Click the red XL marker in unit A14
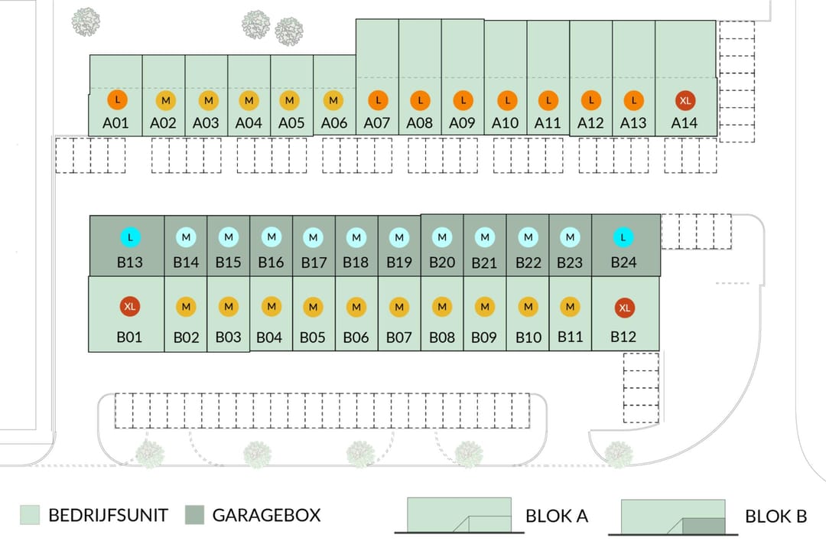click(685, 100)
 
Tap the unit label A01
click(115, 122)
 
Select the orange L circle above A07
click(377, 100)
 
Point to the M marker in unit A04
click(249, 100)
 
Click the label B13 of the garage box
click(129, 262)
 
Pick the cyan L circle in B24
click(623, 238)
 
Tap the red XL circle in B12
click(624, 308)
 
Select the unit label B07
click(398, 337)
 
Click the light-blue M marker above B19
click(398, 238)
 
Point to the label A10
click(505, 122)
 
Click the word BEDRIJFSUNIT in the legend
click(108, 515)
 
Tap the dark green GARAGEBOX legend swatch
click(195, 515)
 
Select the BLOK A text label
click(556, 516)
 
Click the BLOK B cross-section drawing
click(672, 517)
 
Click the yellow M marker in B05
click(313, 307)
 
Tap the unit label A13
click(633, 122)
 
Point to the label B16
click(271, 262)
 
